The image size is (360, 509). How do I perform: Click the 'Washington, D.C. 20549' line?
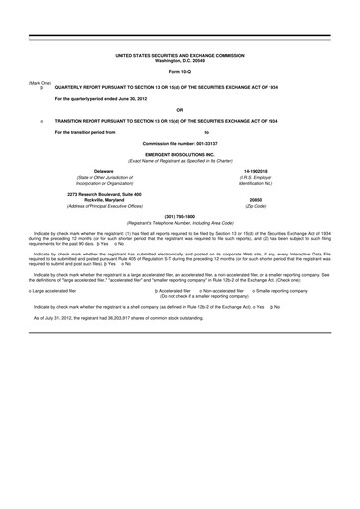pyautogui.click(x=179, y=59)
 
